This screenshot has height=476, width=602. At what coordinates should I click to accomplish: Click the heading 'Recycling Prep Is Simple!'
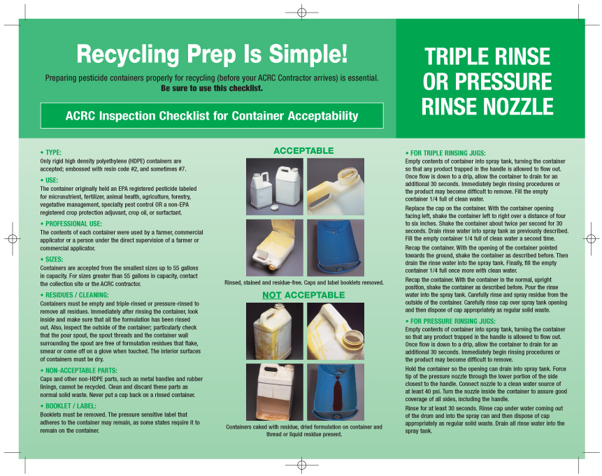(x=212, y=54)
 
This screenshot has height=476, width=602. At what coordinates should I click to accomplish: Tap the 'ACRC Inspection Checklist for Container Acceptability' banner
(x=212, y=115)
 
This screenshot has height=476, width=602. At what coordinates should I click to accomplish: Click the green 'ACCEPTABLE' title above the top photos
(x=303, y=151)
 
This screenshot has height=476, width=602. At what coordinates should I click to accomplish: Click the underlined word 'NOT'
(x=272, y=295)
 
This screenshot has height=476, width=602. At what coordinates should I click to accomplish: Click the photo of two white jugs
(x=275, y=187)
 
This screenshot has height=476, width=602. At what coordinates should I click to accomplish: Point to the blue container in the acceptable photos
(x=336, y=248)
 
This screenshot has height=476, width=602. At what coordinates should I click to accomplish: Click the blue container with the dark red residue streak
(x=336, y=392)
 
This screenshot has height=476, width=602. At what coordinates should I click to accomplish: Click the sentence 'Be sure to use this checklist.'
(x=212, y=88)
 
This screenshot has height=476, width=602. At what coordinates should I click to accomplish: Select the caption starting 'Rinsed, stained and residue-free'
(x=303, y=283)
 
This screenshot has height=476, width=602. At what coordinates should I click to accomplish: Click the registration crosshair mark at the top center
(x=302, y=13)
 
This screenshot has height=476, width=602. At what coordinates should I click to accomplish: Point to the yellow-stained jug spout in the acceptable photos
(x=336, y=187)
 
